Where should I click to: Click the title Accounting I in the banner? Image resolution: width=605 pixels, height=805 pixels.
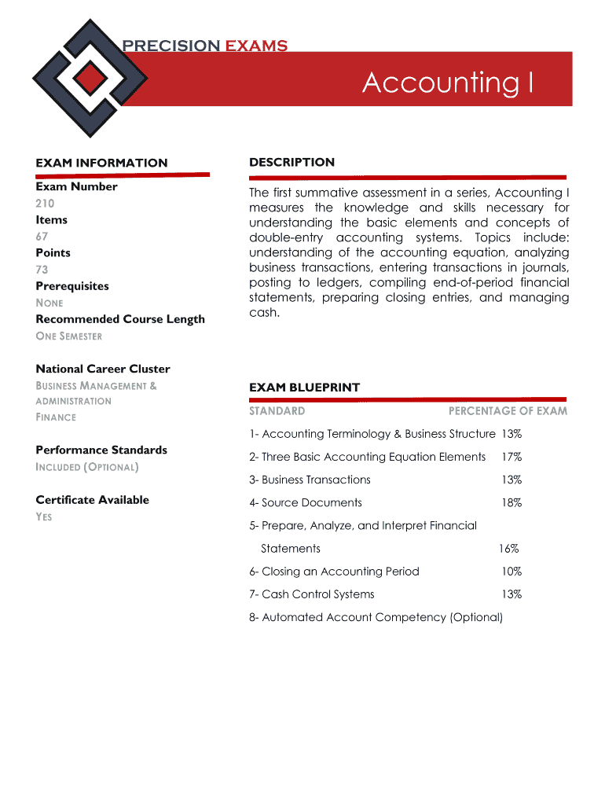coord(448,82)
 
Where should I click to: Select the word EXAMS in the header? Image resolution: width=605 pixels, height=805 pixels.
coord(256,46)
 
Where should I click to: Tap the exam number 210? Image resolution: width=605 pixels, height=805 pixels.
coord(45,204)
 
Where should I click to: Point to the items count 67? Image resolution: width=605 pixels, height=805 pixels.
coord(42,237)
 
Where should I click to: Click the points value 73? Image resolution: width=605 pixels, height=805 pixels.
coord(42,270)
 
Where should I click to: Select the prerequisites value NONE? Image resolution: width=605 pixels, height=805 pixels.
coord(49,303)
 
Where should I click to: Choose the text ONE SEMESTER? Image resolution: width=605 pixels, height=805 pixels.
coord(68,336)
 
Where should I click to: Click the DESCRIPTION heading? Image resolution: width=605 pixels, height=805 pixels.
coord(291,162)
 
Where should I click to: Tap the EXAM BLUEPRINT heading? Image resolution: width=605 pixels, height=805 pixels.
coord(304,388)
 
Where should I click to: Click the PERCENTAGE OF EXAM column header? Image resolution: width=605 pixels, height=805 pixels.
coord(508,411)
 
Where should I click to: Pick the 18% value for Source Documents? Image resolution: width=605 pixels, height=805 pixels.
coord(511,502)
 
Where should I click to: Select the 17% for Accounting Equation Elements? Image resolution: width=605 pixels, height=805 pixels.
coord(511,457)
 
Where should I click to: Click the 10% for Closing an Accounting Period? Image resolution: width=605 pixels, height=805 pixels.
coord(511,572)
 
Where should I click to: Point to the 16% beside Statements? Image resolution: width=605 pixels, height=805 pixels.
coord(508,549)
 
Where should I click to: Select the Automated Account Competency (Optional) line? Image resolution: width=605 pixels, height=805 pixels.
coord(376,617)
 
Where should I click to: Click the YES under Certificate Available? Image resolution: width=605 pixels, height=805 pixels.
coord(44,517)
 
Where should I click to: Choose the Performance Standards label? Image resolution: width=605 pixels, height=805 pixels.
coord(101,450)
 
